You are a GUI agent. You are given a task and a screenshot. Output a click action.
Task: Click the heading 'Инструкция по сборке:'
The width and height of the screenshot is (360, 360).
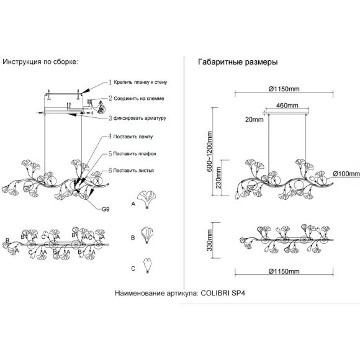40,62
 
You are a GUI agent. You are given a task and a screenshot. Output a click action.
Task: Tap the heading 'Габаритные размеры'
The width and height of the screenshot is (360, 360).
238,62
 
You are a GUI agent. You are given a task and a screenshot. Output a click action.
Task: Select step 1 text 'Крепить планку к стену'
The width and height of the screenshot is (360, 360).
140,82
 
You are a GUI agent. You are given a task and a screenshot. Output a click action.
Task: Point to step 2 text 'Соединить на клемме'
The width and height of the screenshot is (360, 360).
139,99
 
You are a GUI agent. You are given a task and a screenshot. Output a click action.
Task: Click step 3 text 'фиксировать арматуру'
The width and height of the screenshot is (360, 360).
140,118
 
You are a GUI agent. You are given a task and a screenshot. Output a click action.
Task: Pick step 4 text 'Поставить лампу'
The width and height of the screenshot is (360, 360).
133,137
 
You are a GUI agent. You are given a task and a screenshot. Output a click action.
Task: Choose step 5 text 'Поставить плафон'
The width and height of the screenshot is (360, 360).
135,153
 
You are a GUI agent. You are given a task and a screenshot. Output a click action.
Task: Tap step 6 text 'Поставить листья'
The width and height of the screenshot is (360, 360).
133,171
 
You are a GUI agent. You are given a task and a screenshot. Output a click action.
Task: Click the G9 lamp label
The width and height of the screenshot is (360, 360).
106,209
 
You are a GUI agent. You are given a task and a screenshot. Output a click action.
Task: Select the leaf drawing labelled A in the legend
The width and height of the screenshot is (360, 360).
146,199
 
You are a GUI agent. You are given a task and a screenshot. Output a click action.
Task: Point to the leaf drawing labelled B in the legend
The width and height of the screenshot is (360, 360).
147,235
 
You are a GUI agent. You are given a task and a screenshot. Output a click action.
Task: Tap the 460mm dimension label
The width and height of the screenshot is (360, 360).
287,106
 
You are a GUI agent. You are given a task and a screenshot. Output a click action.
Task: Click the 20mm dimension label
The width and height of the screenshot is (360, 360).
254,120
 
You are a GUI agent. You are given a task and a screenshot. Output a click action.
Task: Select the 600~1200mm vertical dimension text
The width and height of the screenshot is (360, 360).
209,151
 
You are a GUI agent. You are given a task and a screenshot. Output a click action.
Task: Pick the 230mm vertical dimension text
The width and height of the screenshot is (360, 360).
218,178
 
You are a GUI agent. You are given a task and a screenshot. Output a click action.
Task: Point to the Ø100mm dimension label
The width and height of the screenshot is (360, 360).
346,174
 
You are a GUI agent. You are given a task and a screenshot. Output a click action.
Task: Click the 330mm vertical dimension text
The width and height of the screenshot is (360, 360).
209,240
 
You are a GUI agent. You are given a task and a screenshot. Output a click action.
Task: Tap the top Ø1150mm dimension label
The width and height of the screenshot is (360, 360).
284,89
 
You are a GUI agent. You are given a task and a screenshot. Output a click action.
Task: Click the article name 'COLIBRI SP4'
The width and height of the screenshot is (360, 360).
223,293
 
